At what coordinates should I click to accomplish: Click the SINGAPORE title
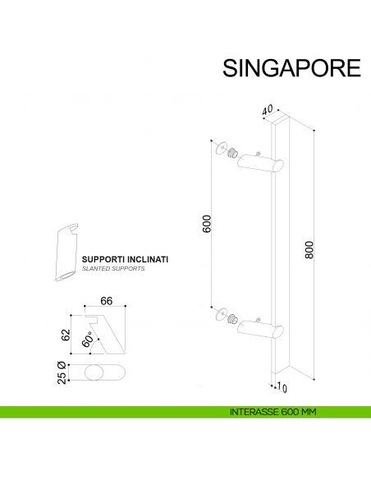(x=291, y=68)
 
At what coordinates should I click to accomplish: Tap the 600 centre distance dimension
(x=207, y=223)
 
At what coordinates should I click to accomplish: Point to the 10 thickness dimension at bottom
(x=283, y=387)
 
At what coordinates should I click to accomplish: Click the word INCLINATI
(x=148, y=259)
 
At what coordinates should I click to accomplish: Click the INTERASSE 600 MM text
(x=273, y=413)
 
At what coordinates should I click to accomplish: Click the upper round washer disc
(x=218, y=148)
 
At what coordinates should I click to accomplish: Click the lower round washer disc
(x=218, y=313)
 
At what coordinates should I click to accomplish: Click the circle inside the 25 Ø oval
(x=94, y=373)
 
